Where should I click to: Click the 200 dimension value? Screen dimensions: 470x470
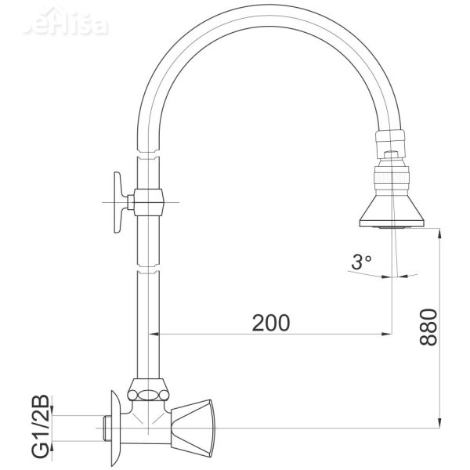point(271,321)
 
